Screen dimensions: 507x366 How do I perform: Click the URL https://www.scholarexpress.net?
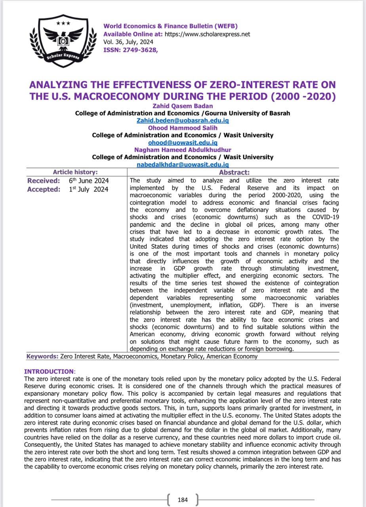[x=207, y=34]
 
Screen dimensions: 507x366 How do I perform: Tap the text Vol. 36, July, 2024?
[x=128, y=42]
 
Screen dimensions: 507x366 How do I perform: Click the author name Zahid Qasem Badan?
[x=183, y=106]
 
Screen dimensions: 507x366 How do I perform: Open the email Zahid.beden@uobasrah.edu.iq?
[x=183, y=120]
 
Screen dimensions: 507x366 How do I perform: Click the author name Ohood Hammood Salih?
[x=183, y=128]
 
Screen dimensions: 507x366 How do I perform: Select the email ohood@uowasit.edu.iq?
[x=183, y=143]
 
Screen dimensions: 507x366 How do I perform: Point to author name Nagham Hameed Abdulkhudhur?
[x=183, y=150]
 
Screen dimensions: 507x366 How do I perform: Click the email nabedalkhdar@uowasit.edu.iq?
[x=183, y=164]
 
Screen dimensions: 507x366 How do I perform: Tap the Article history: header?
[x=75, y=172]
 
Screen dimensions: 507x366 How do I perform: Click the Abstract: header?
[x=234, y=172]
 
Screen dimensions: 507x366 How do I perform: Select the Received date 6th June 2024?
[x=89, y=181]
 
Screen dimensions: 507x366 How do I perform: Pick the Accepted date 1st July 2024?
[x=88, y=189]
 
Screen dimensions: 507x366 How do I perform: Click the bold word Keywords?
[x=42, y=356]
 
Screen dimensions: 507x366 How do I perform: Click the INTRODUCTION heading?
[x=49, y=372]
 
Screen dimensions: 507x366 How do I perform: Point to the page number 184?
[x=183, y=500]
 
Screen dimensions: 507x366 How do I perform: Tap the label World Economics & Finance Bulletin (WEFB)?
[x=170, y=26]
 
